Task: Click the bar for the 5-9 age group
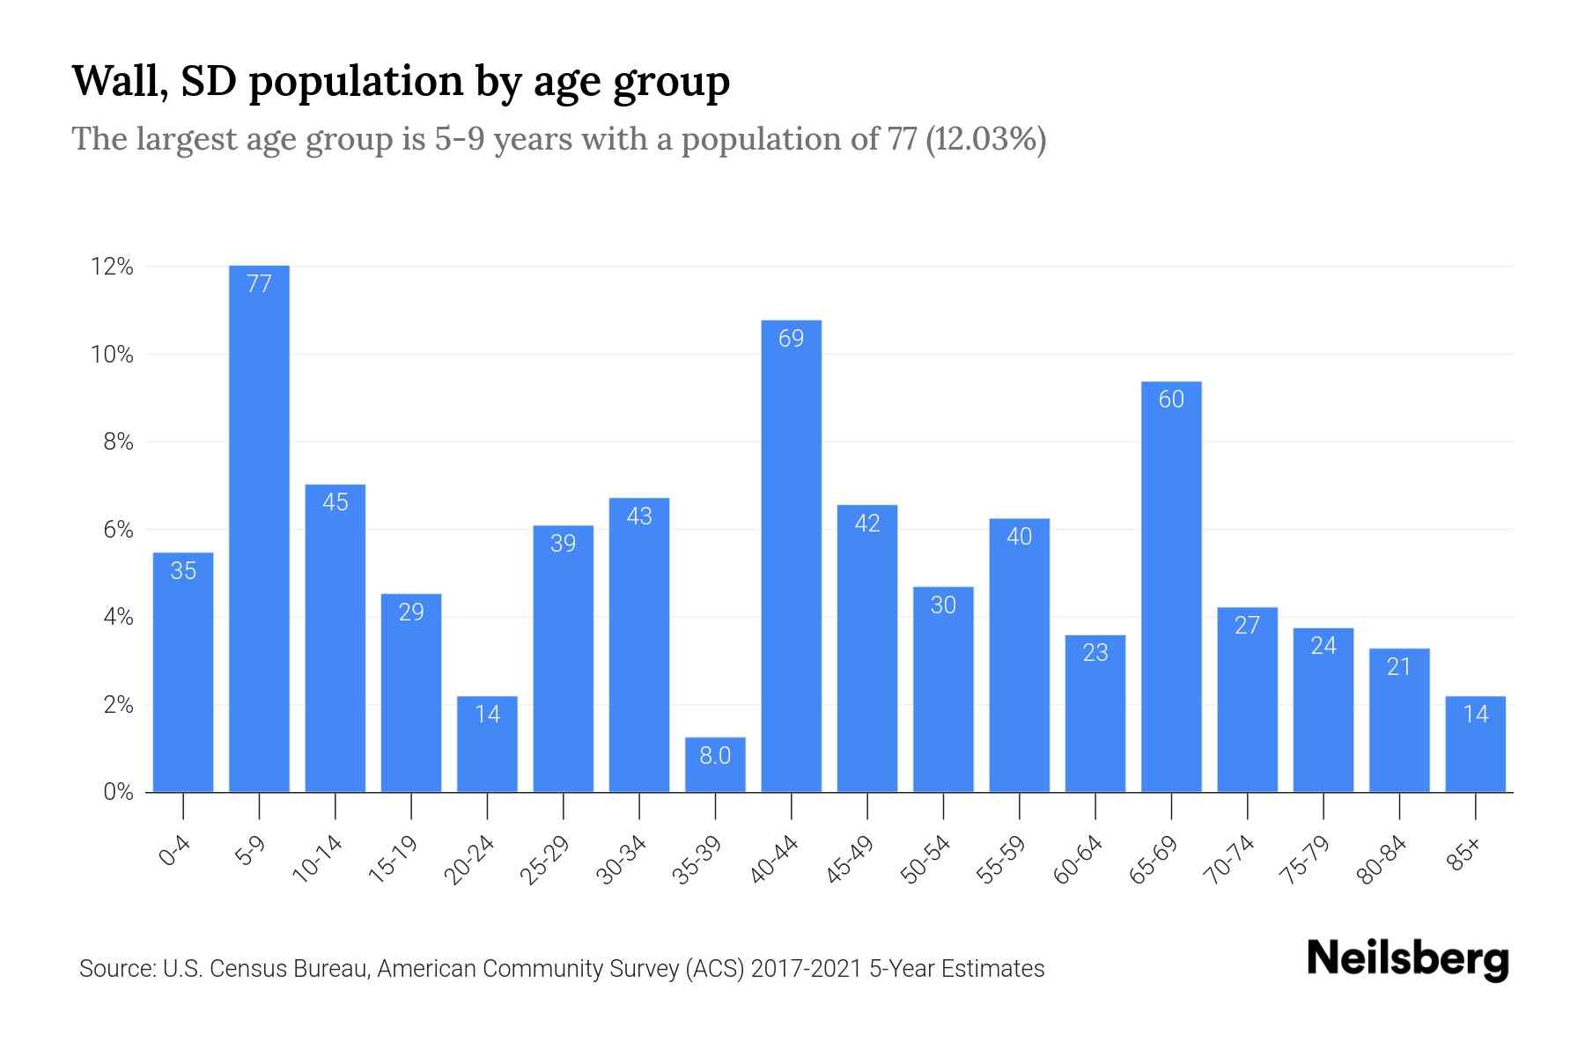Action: coord(259,528)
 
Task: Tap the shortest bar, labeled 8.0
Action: coord(715,765)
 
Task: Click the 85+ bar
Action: coord(1475,744)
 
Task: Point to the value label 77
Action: coord(259,284)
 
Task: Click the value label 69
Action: coord(791,339)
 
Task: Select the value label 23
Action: coord(1095,653)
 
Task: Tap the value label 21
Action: coord(1399,667)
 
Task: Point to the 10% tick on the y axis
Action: coord(113,355)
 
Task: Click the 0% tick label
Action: coord(118,792)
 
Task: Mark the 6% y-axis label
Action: coord(118,530)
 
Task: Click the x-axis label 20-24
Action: coord(469,860)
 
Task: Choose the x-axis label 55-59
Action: coord(1001,860)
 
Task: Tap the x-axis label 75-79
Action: coord(1305,860)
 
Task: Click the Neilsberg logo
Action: coord(1408,959)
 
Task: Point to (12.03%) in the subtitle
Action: coord(985,139)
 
